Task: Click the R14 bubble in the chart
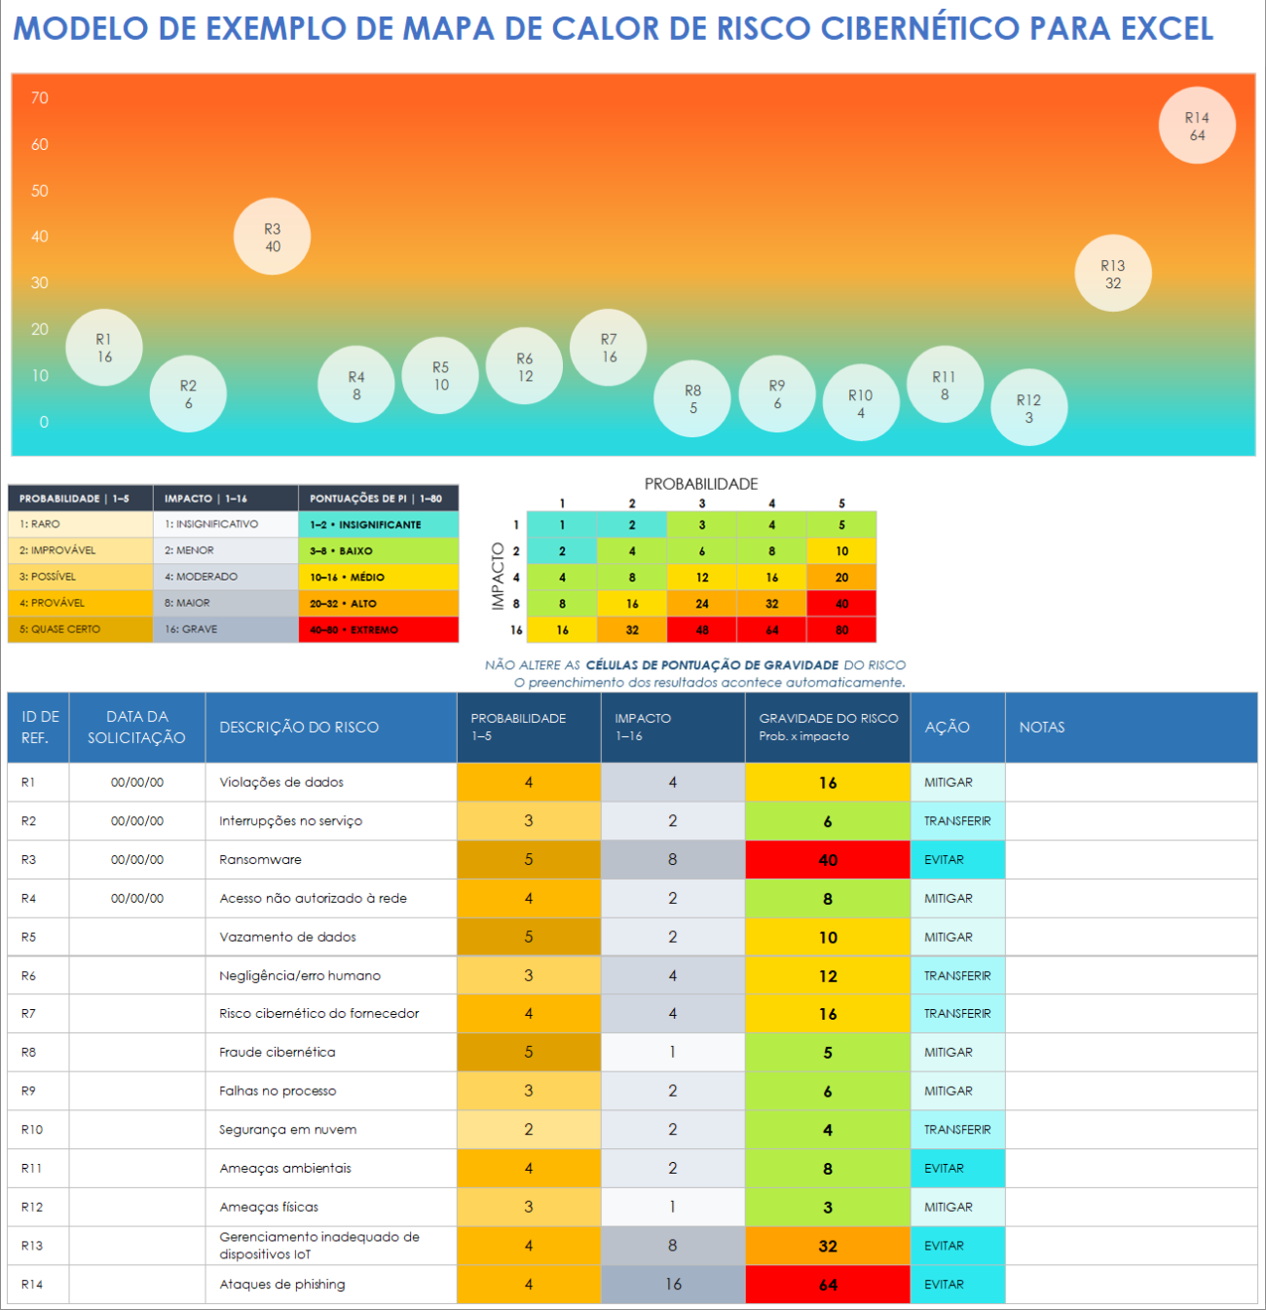pos(1197,126)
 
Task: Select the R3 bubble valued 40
pos(273,237)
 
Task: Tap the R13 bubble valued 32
pos(1113,274)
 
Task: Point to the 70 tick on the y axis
pos(40,98)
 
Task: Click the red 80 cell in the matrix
pos(841,630)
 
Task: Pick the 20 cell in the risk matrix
pos(841,578)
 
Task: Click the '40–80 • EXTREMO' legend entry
pos(378,630)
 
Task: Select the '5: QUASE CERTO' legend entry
pos(80,629)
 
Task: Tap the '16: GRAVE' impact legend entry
pos(225,629)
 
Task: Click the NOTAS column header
pos(1042,728)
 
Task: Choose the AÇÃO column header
pos(948,728)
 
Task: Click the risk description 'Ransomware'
pos(261,860)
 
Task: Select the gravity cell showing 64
pos(828,1285)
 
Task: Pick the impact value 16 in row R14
pos(673,1285)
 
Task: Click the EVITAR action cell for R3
pos(956,860)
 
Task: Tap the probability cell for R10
pos(529,1130)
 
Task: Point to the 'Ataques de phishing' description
pos(282,1285)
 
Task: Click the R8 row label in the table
pos(29,1053)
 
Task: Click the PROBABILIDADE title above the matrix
pos(701,484)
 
